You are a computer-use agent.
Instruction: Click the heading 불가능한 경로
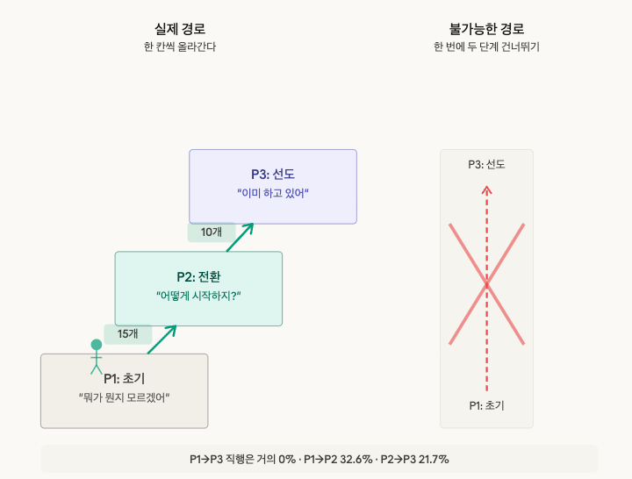tap(486, 28)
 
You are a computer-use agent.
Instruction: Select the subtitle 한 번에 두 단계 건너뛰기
tap(486, 47)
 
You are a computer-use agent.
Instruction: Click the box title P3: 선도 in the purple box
tap(273, 174)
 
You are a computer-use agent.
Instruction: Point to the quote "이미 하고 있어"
tap(273, 193)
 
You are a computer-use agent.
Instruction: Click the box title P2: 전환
tap(198, 276)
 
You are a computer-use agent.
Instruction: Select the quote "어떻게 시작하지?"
tap(198, 296)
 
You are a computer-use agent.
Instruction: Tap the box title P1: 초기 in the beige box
tap(124, 378)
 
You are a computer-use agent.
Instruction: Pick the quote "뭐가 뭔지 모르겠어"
tap(124, 397)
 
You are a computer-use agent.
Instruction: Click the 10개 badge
tap(212, 232)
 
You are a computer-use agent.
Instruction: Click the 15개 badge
tap(128, 334)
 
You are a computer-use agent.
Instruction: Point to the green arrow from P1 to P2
tap(162, 339)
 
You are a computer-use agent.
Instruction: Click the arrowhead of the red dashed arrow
tap(487, 188)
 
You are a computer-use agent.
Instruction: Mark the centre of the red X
tap(487, 284)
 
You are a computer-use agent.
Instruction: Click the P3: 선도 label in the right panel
tap(486, 164)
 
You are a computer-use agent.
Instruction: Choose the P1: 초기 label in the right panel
tap(486, 405)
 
